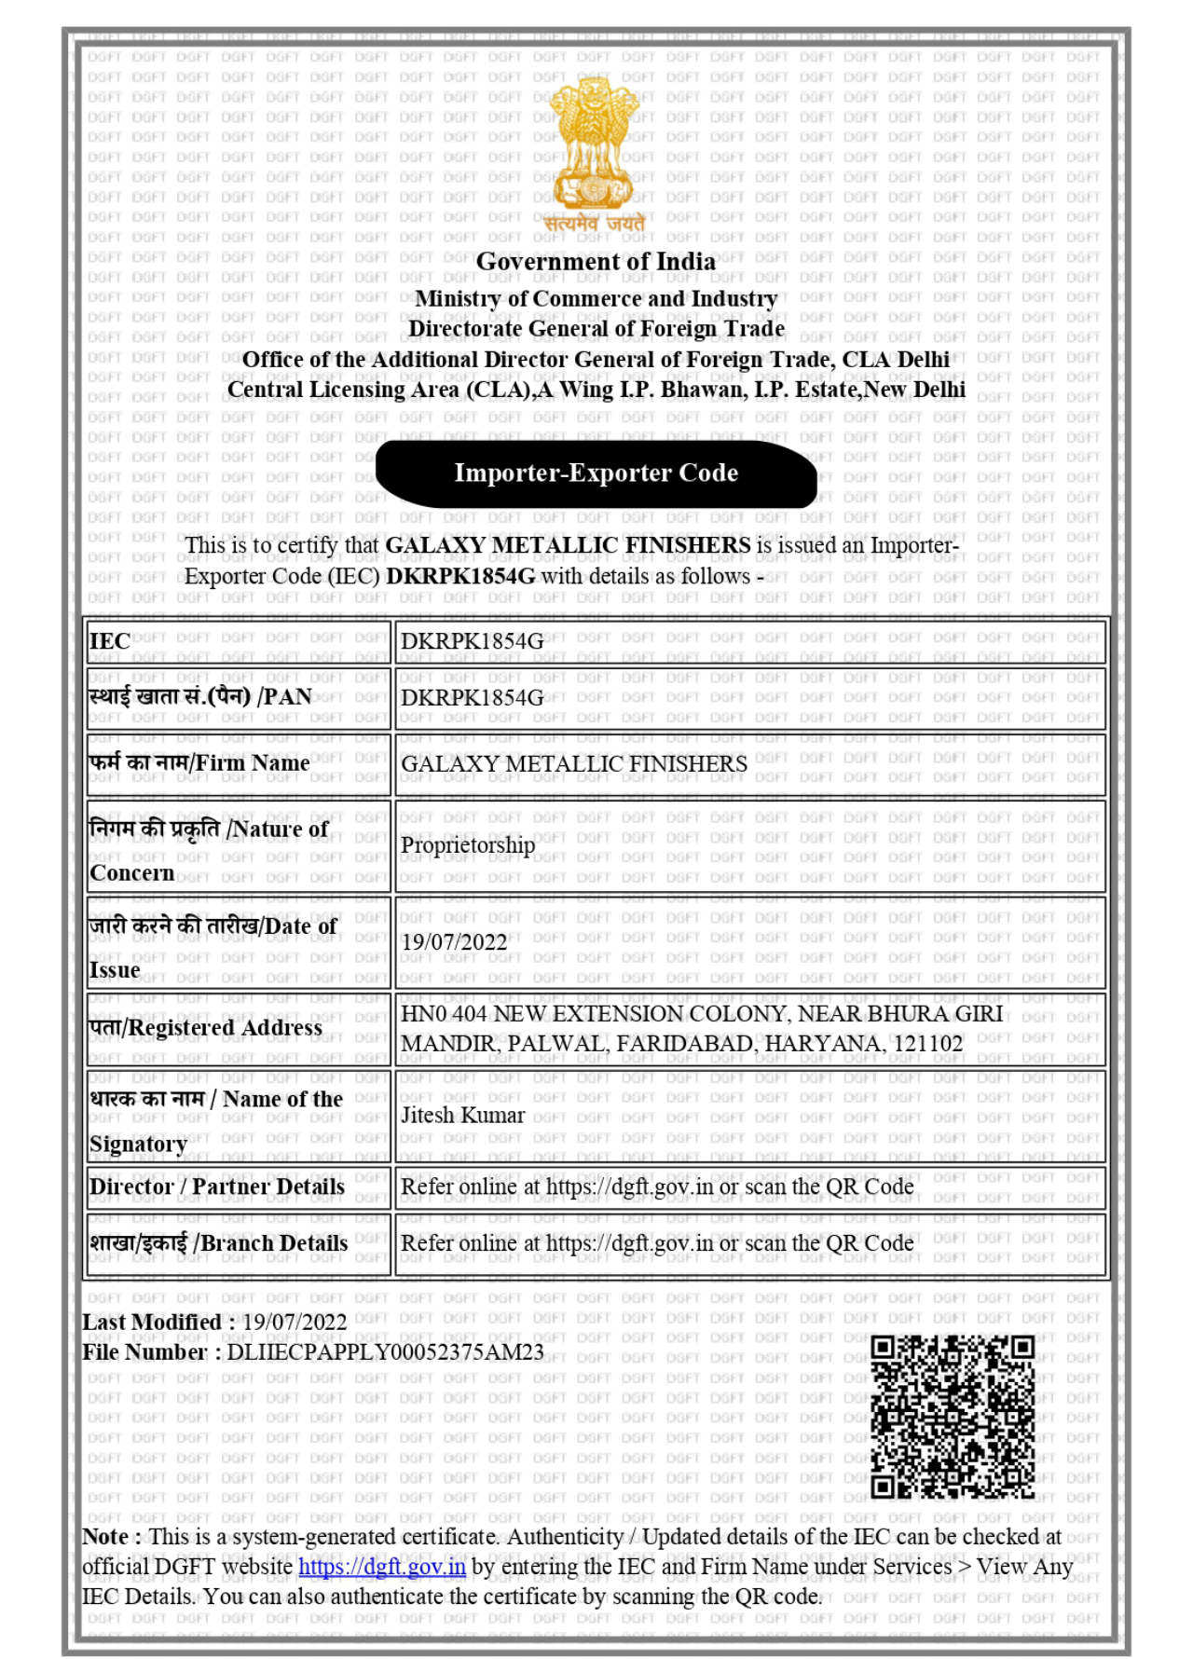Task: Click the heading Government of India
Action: (596, 262)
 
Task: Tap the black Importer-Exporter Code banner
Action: (596, 473)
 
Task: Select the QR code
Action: (952, 1417)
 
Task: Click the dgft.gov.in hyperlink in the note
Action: (381, 1567)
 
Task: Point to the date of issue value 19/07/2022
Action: (454, 942)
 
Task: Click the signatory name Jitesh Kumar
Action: (462, 1116)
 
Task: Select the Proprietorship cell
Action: (467, 845)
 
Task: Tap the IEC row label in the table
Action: (110, 641)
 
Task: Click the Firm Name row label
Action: (199, 763)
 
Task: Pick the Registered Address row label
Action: (206, 1028)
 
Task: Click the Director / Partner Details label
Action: (217, 1187)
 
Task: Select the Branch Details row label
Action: (219, 1243)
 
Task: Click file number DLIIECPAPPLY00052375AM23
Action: (385, 1352)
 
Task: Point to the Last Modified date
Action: (294, 1323)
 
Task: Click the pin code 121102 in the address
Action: (927, 1044)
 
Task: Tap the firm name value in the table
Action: (574, 764)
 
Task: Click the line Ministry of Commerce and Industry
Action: (596, 299)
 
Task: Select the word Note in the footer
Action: (104, 1537)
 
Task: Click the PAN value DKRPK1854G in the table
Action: (472, 698)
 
